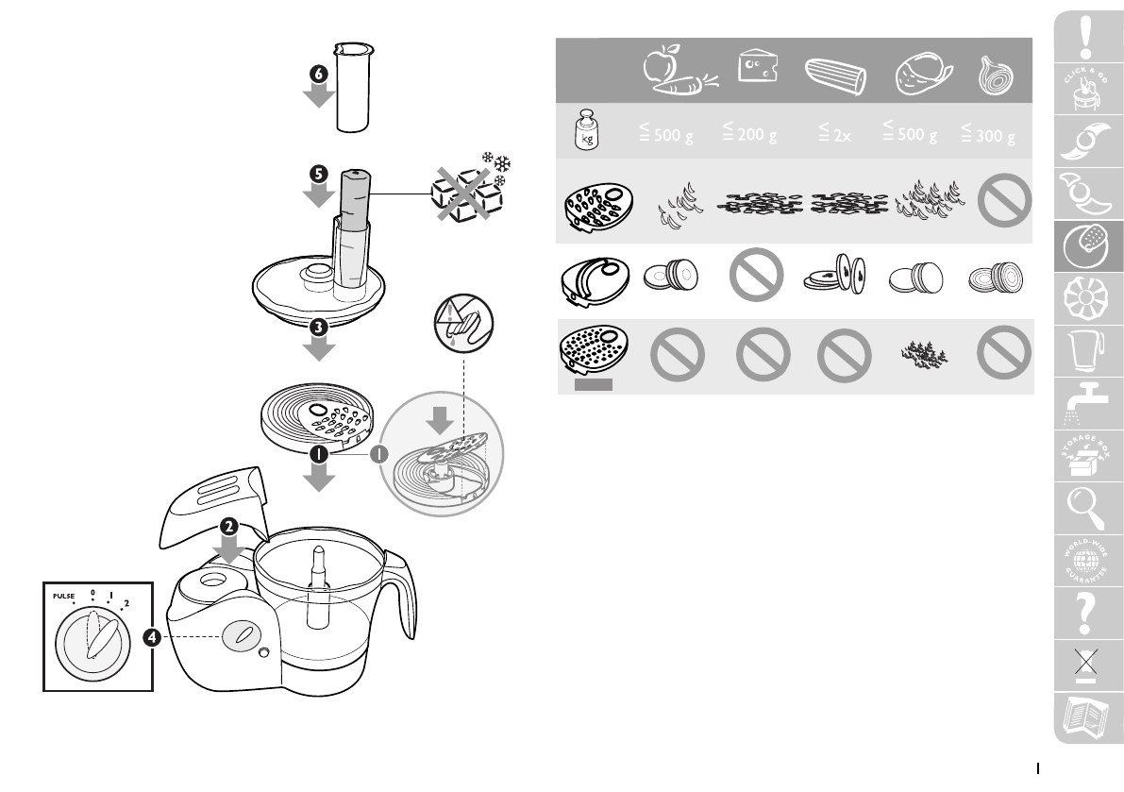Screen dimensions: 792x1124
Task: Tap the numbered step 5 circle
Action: (319, 174)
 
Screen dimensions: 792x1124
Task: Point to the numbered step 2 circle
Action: (226, 525)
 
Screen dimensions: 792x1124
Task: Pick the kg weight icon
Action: (585, 132)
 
